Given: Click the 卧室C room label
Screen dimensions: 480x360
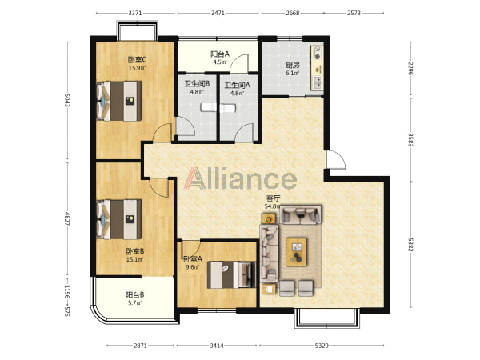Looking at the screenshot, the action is point(137,59).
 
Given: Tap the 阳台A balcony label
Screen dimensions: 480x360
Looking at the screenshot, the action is point(220,54).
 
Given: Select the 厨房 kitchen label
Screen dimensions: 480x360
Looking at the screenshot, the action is point(292,65).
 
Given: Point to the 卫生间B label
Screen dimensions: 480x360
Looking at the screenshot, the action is point(197,83).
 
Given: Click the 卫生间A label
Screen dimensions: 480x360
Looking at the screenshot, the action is point(238,85).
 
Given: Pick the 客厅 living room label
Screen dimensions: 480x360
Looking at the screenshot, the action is point(273,198).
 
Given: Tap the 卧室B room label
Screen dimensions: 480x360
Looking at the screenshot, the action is point(135,252).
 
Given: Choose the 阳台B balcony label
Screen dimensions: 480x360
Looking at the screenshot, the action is point(135,295).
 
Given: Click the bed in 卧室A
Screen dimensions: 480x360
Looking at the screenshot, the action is point(231,274).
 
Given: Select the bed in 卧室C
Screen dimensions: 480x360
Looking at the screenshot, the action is point(119,101).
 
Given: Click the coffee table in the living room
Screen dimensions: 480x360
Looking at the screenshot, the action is point(296,252).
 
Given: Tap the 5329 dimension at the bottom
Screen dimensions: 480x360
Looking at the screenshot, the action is point(322,346).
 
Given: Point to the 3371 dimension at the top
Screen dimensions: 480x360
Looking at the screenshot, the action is point(135,13).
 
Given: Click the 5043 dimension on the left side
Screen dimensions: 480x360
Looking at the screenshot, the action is point(67,100).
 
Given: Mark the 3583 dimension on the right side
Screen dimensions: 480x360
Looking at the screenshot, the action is point(410,139).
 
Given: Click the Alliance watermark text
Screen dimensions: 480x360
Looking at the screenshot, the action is point(240,178).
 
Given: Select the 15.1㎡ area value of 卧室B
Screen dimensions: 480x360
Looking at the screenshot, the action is point(135,259).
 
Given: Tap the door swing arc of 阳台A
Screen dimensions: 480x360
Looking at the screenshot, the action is point(240,62).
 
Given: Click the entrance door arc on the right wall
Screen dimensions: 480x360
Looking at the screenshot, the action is point(336,159).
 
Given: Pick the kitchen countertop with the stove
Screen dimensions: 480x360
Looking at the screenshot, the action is point(317,68).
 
